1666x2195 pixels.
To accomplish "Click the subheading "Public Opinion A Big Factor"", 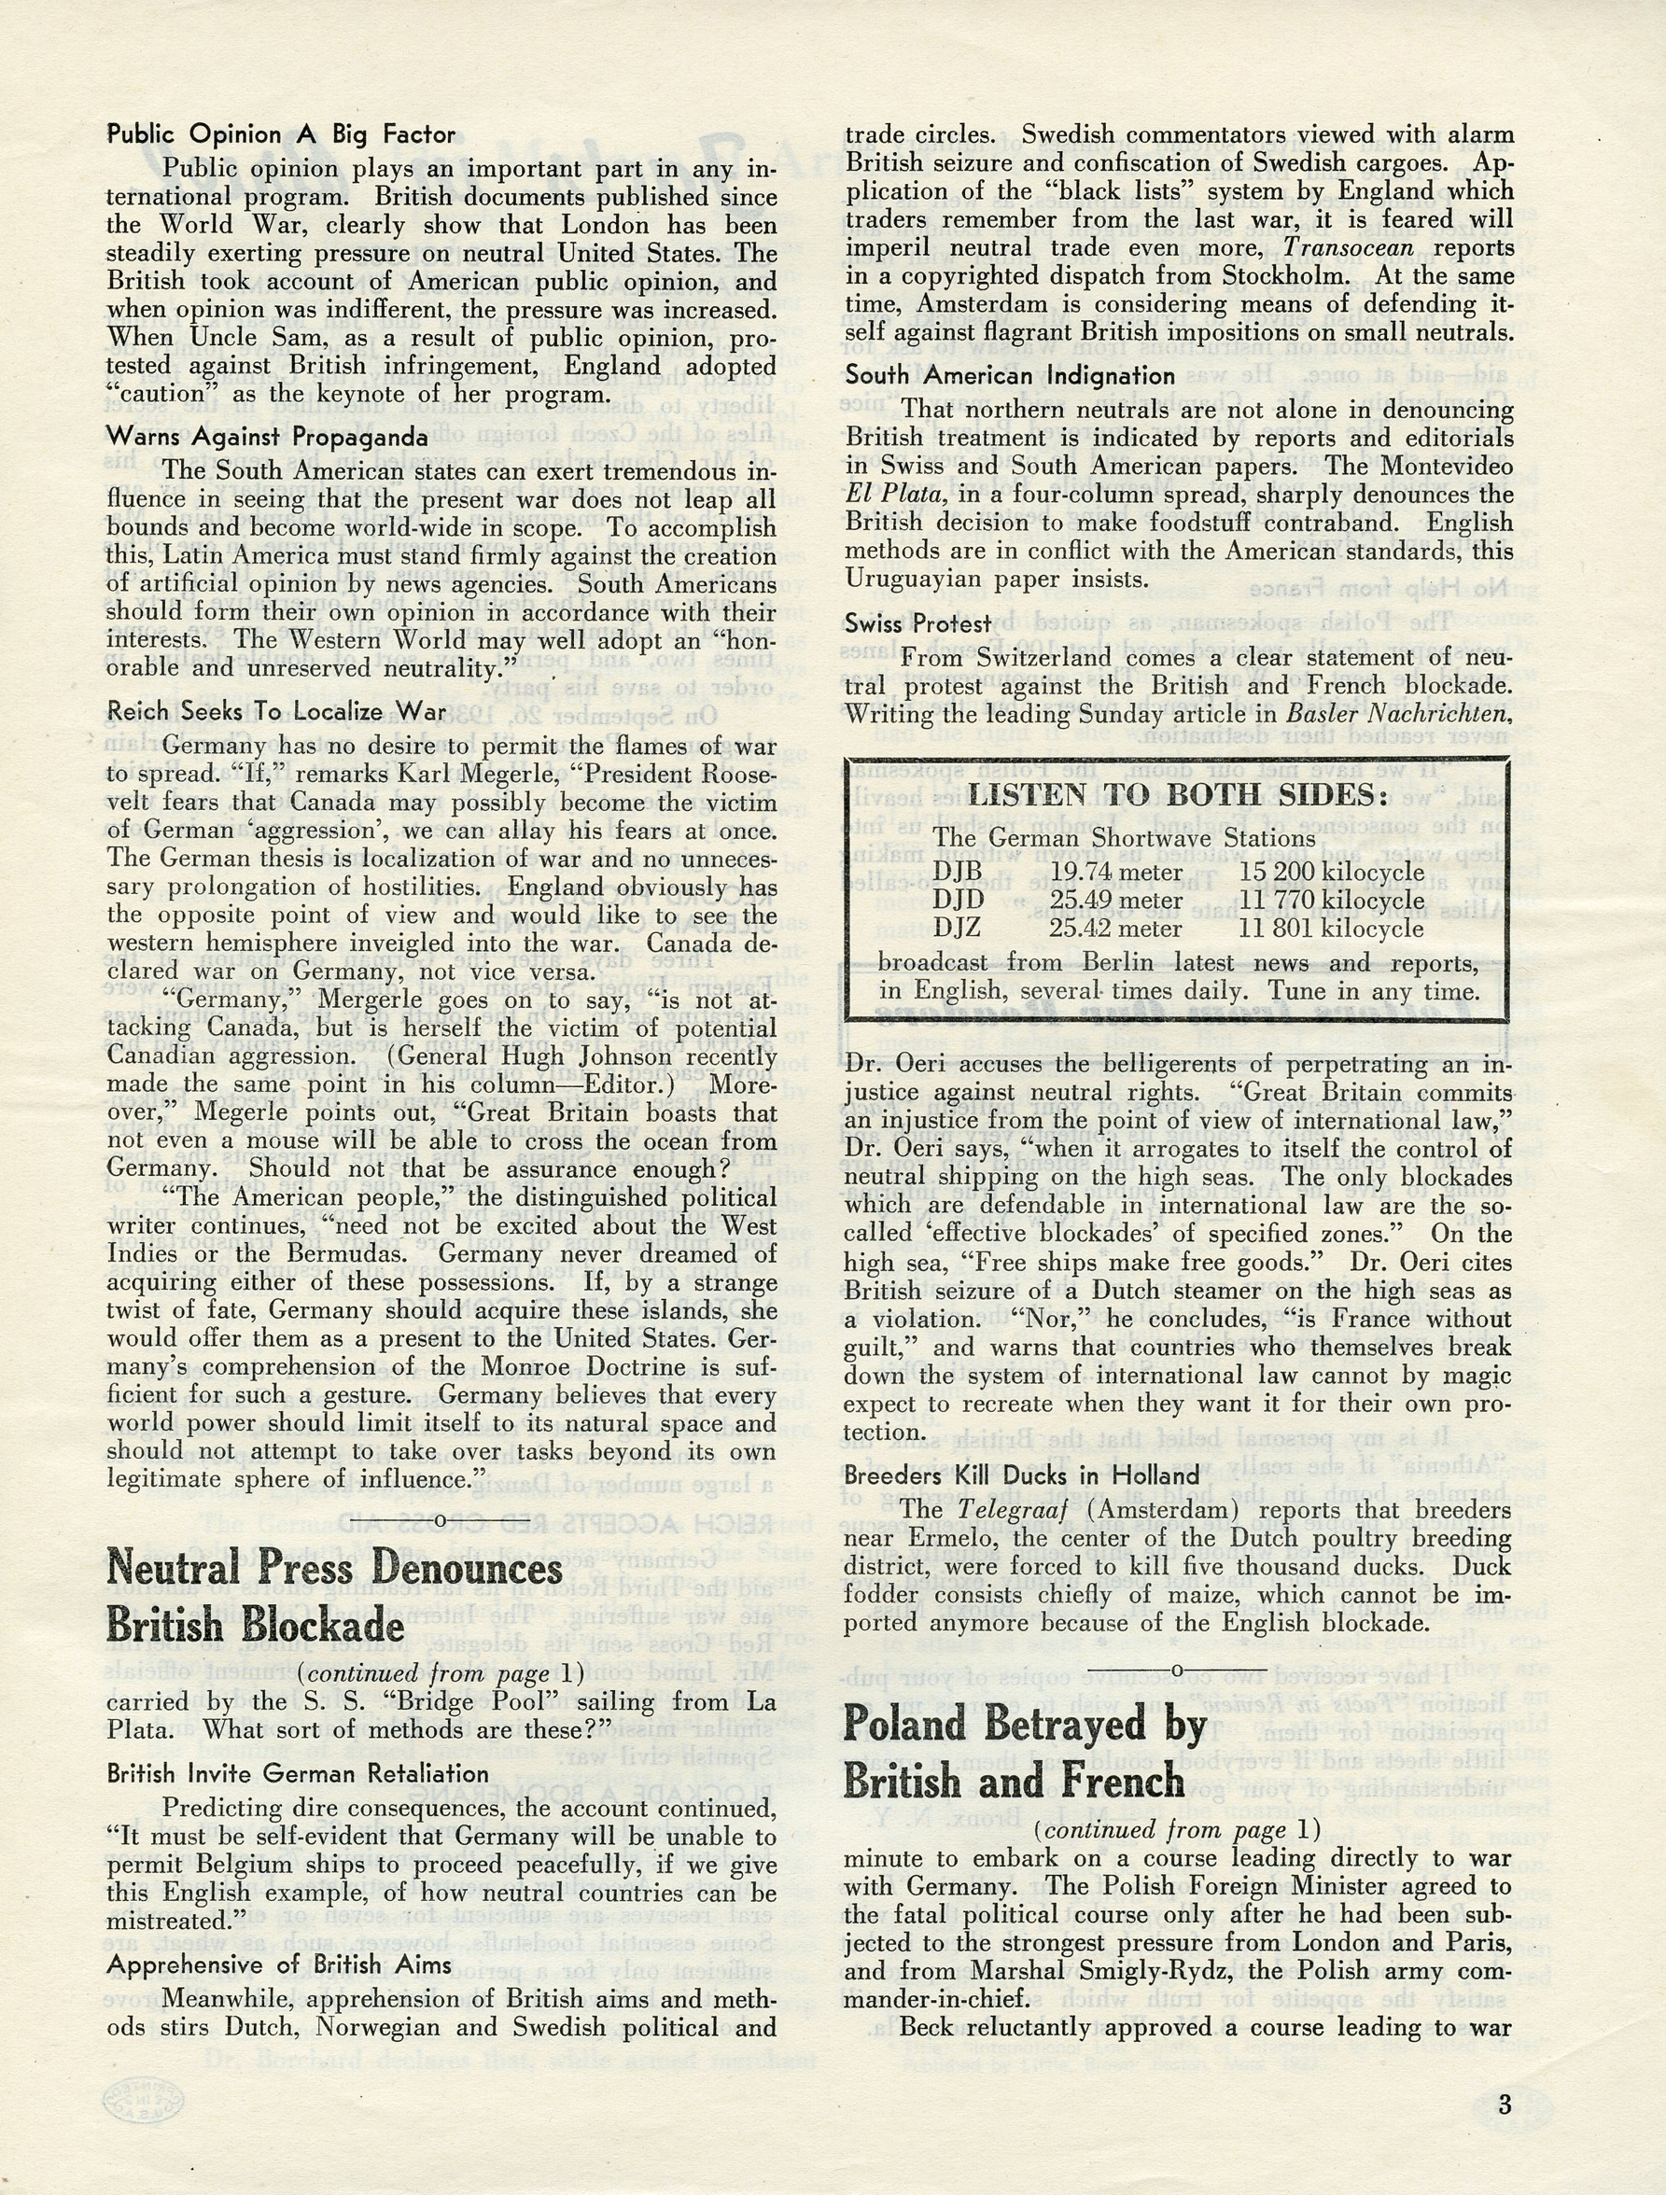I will point(281,134).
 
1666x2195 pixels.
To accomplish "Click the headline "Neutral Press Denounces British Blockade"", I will point(335,1597).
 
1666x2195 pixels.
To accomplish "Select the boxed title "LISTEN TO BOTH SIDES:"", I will point(1176,796).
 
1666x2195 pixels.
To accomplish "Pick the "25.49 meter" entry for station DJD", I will point(1116,900).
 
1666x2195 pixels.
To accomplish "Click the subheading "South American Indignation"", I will point(1010,375).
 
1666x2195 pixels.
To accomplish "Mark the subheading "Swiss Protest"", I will point(917,623).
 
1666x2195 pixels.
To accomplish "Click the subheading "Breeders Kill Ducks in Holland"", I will point(1022,1475).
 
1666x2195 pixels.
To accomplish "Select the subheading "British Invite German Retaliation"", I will point(298,1773).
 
